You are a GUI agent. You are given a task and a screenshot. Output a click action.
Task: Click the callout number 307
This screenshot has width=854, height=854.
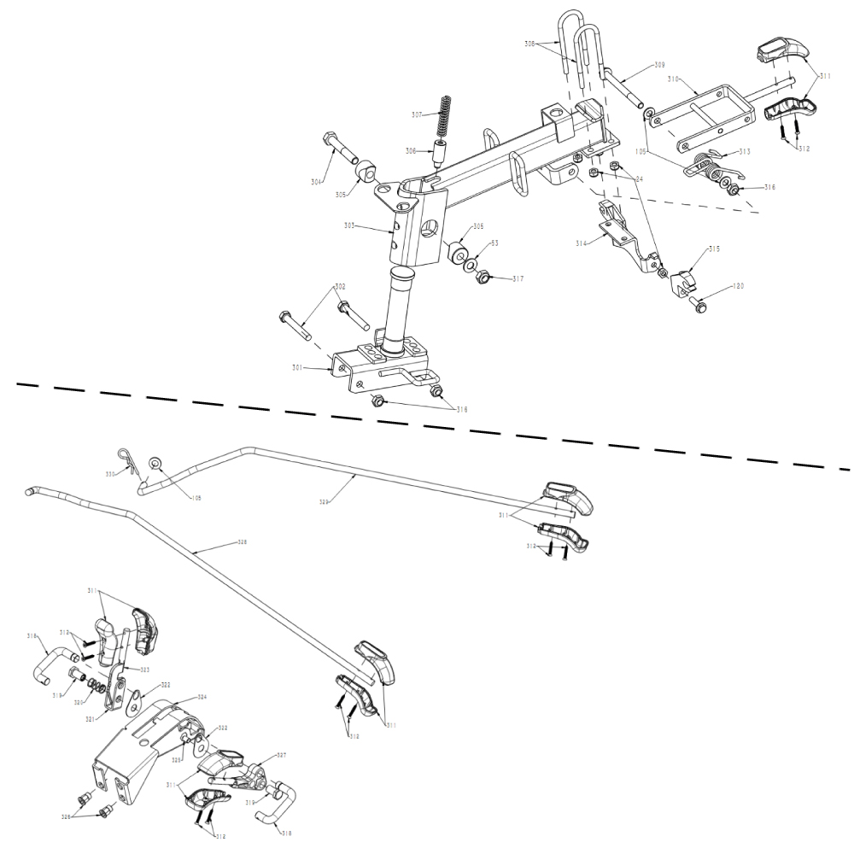coord(417,114)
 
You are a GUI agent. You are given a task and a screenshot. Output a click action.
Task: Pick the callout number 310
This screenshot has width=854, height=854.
coord(673,79)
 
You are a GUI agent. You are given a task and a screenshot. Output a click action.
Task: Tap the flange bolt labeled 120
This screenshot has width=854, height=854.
coord(699,302)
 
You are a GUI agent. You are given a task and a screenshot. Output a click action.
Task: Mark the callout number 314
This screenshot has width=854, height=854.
coord(582,243)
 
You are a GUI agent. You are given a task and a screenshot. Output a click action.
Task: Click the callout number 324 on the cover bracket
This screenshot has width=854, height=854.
coord(202,698)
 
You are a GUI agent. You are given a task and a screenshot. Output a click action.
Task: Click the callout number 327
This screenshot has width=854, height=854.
coord(281,756)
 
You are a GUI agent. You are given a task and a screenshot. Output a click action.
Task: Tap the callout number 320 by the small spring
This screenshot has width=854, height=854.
coord(78,703)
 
